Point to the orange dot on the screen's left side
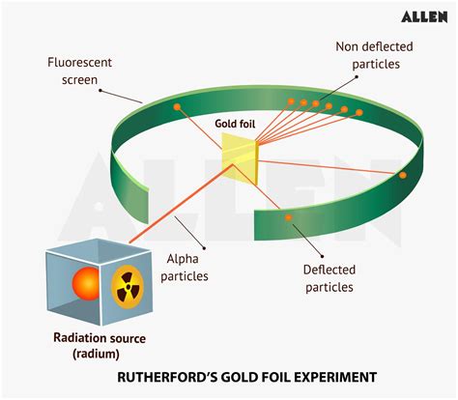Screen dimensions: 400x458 point(177,107)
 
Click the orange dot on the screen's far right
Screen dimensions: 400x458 point(402,175)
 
